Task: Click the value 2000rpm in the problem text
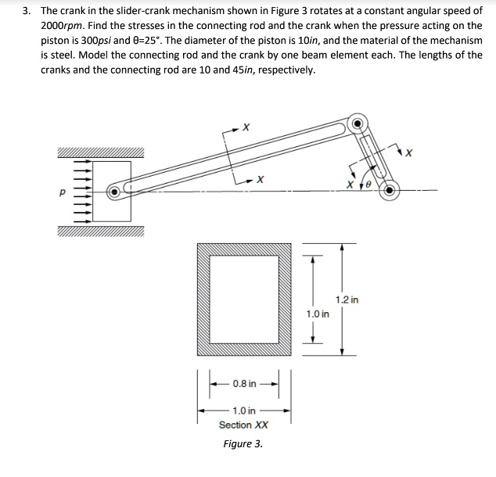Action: point(63,27)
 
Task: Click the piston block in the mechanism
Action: point(112,190)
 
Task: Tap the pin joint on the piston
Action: point(115,190)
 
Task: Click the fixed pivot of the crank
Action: point(389,188)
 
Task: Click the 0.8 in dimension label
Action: point(244,384)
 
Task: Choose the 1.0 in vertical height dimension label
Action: point(317,314)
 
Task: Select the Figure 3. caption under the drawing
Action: point(243,444)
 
